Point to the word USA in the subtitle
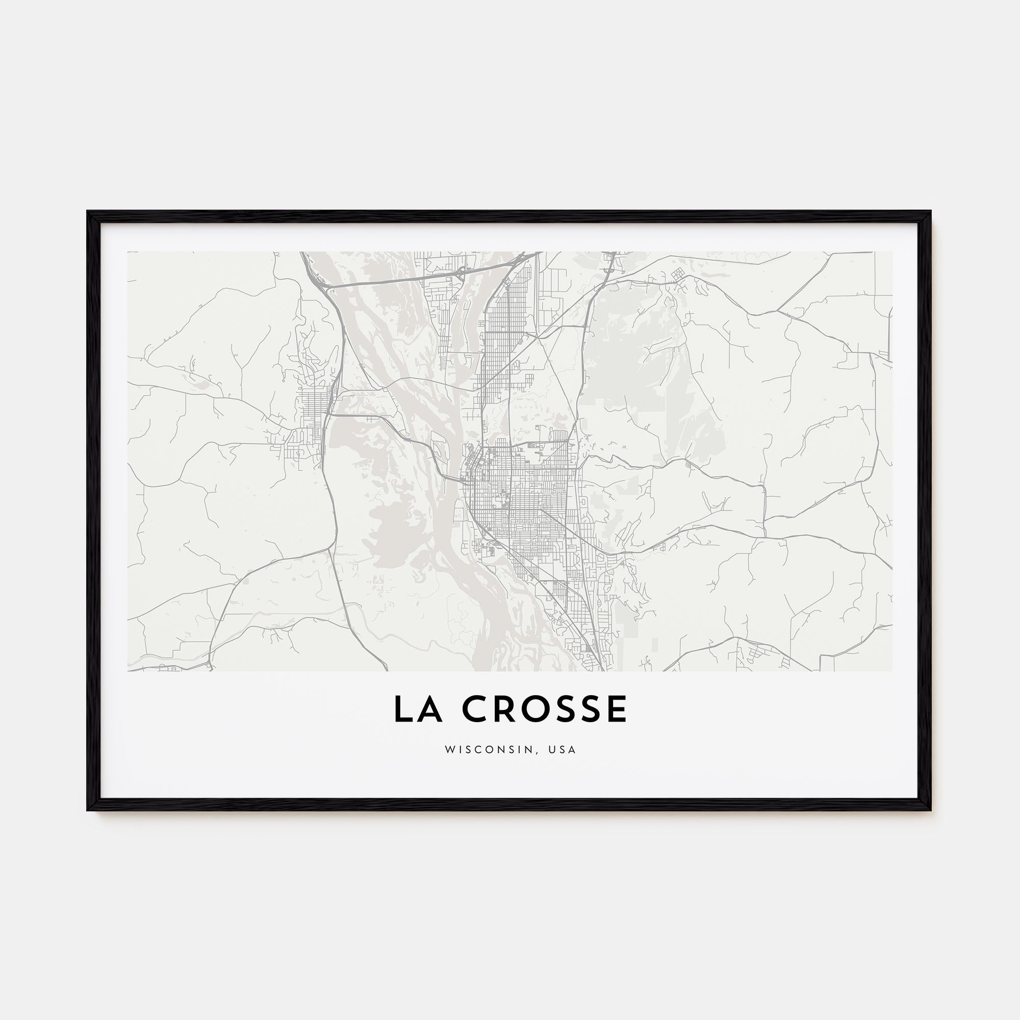point(563,749)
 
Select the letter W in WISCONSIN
point(449,749)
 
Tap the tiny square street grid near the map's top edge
point(676,273)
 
